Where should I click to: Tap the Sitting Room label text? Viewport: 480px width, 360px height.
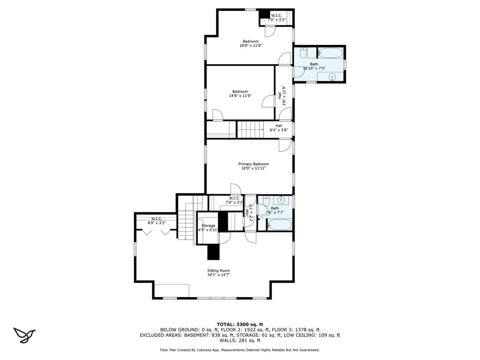click(x=218, y=270)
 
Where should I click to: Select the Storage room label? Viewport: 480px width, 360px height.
click(x=208, y=225)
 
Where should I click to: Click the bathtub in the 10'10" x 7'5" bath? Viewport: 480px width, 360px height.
click(x=330, y=52)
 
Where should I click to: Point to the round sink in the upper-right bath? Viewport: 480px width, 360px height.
click(x=332, y=77)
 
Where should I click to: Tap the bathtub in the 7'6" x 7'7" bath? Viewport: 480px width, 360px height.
click(x=279, y=225)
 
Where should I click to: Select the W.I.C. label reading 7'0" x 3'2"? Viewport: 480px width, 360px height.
click(x=276, y=16)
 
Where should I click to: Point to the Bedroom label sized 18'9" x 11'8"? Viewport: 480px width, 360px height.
click(x=250, y=41)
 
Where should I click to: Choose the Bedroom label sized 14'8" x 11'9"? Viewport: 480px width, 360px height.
click(x=240, y=91)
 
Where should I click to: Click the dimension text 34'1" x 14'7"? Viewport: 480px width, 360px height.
click(x=218, y=275)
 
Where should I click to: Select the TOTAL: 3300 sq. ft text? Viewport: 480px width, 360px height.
click(x=240, y=324)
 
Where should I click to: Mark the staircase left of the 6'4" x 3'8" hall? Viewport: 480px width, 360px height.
click(x=250, y=129)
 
